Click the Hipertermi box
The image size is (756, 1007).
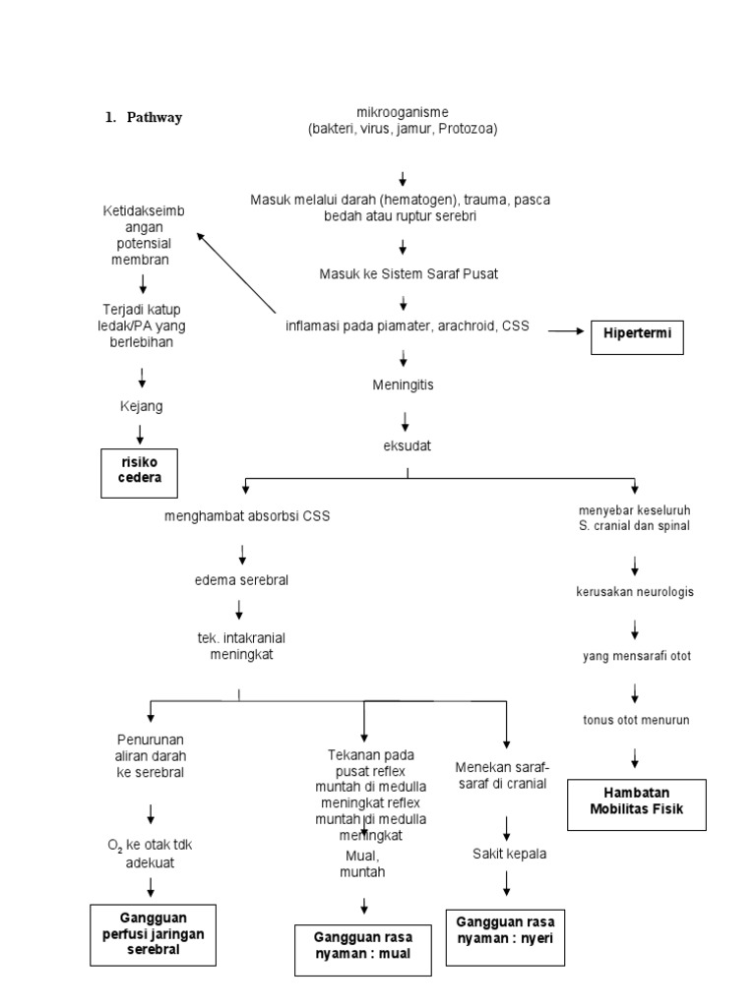[637, 332]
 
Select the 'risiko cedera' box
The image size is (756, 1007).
[142, 471]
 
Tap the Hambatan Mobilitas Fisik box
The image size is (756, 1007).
[637, 802]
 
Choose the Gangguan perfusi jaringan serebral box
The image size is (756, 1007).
[153, 933]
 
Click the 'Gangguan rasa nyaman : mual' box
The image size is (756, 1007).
[363, 947]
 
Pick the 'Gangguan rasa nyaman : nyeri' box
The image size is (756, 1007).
[505, 929]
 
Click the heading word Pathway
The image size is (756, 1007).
[155, 117]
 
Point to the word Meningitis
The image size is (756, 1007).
[403, 385]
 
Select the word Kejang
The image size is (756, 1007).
[141, 405]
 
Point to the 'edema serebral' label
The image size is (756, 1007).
[241, 580]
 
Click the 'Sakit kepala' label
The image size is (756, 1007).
[508, 854]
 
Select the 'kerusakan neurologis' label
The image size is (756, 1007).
[635, 592]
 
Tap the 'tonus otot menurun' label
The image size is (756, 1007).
[635, 720]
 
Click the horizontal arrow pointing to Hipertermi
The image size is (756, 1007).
[565, 332]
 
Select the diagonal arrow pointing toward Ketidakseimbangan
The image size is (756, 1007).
[236, 271]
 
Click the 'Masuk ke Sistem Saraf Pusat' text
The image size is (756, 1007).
[408, 273]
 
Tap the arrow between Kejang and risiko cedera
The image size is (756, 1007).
[142, 433]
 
